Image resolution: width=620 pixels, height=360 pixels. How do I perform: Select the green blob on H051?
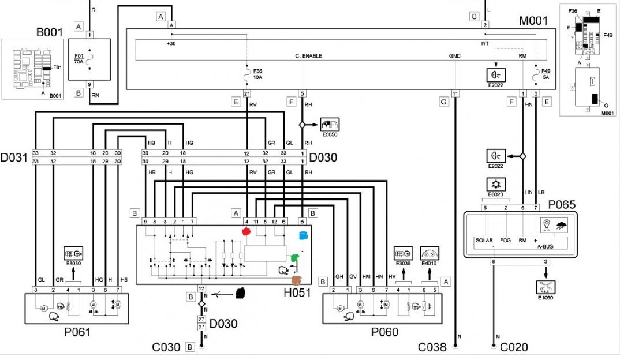[296, 258]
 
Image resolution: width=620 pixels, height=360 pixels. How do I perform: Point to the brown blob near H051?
[297, 280]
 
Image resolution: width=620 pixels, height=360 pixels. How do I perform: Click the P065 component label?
[562, 205]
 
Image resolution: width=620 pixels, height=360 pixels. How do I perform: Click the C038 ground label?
[432, 347]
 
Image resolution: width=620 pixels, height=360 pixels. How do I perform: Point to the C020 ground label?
[514, 347]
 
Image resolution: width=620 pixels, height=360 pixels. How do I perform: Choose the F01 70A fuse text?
[79, 57]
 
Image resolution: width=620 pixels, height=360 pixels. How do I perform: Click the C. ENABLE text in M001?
[308, 56]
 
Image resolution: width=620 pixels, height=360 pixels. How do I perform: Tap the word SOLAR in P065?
[484, 240]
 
